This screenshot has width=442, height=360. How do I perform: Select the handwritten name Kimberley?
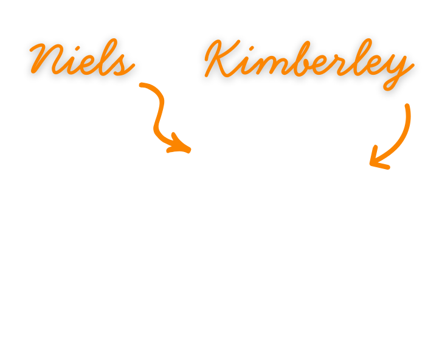pos(309,63)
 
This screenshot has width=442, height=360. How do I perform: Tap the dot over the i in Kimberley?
pos(251,49)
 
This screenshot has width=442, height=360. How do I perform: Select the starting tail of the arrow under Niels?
pos(142,85)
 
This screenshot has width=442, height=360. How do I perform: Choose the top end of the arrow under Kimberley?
pos(407,107)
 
